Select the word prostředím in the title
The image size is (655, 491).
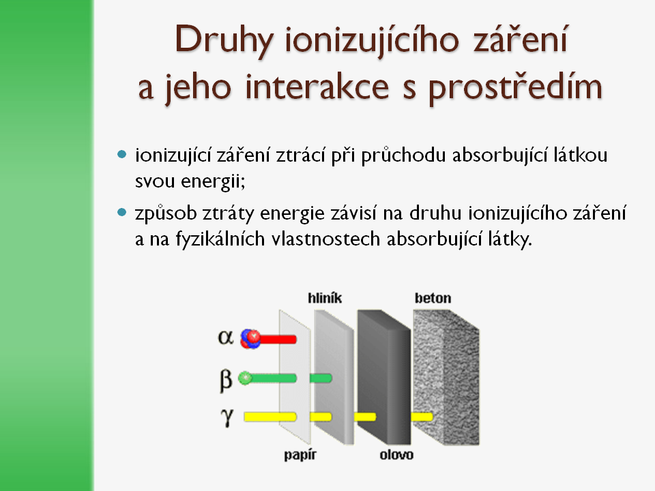[x=516, y=89]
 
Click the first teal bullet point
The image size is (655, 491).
[x=122, y=155]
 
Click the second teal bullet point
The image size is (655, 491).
[x=122, y=213]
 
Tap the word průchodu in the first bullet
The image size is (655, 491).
[x=403, y=155]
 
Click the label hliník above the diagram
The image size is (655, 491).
[x=325, y=298]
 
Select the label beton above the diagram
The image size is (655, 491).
[x=433, y=298]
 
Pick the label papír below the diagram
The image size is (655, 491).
[x=300, y=455]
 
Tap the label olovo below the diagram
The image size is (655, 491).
[x=396, y=454]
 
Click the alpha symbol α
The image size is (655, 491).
[x=226, y=337]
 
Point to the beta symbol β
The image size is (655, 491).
[x=226, y=381]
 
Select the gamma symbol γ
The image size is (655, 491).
[x=227, y=417]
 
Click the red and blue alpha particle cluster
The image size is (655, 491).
[x=250, y=339]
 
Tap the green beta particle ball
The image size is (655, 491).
[x=245, y=378]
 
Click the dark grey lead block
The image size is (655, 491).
[x=384, y=376]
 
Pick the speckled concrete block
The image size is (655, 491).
[x=446, y=376]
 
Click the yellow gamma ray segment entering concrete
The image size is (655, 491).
[x=422, y=417]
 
